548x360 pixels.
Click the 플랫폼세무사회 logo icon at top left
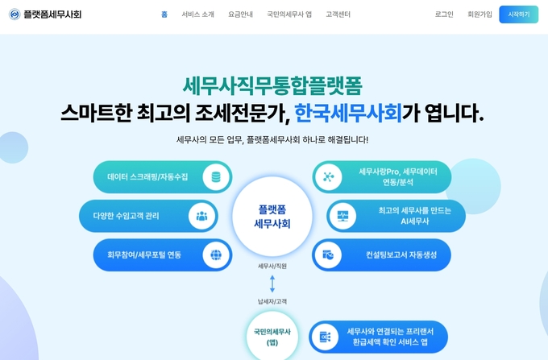tap(15, 14)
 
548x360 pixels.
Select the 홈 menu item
tap(164, 14)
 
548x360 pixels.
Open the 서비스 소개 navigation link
tap(197, 14)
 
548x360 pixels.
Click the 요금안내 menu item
tap(240, 14)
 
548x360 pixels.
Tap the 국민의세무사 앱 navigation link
tap(289, 14)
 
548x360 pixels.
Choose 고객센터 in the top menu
tap(338, 14)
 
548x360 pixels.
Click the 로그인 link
tap(444, 14)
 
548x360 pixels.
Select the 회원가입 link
tap(479, 14)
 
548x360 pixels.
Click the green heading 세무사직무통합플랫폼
tap(272, 85)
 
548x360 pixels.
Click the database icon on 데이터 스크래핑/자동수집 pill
tap(216, 177)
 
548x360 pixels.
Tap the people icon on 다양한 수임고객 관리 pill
tap(201, 216)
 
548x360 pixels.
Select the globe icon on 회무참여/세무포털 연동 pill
tap(216, 255)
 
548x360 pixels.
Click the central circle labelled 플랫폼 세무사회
tap(272, 216)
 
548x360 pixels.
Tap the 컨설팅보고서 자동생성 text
tap(401, 255)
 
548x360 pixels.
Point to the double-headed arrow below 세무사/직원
tap(272, 283)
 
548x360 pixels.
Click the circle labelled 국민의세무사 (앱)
tap(272, 336)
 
